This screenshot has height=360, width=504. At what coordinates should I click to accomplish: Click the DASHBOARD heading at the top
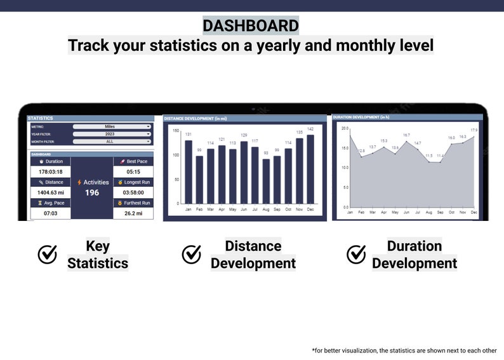pos(251,25)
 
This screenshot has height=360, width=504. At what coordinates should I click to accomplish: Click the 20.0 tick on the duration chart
pos(345,128)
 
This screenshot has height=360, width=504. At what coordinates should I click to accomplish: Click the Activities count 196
pos(92,193)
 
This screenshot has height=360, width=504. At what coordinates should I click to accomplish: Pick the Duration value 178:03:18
pos(50,172)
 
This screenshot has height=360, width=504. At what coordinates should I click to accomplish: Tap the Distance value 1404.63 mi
pos(50,192)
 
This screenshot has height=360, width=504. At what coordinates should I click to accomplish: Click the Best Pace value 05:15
pos(133,172)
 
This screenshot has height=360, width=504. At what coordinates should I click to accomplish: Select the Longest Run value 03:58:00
pos(133,192)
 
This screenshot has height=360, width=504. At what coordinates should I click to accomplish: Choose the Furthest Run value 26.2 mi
pos(133,213)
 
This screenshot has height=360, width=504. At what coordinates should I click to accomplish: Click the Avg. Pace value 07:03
pos(50,213)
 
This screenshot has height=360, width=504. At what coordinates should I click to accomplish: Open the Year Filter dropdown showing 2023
pos(112,133)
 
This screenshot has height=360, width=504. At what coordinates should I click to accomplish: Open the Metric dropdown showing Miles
pos(112,126)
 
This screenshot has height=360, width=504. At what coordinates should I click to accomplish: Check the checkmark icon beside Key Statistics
pos(48,255)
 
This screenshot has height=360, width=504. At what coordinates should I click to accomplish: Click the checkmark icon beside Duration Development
pos(356,255)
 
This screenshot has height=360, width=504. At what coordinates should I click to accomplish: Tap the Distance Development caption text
pos(253,255)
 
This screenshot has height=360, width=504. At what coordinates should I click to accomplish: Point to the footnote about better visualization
pos(405,350)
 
